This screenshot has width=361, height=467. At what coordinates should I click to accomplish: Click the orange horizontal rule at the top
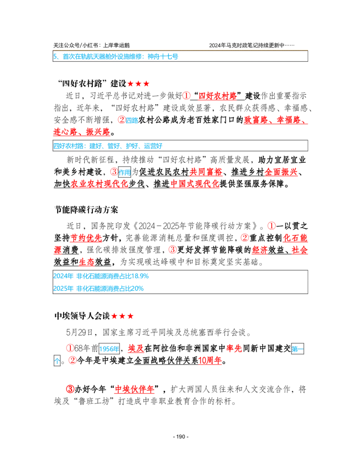tap(180, 49)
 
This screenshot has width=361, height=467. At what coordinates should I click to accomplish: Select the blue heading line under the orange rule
tap(116, 57)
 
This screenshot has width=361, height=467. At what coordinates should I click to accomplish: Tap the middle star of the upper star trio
tap(139, 83)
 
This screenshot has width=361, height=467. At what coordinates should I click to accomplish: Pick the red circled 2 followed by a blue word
tap(121, 120)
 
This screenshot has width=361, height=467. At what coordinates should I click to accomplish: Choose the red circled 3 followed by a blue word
tap(114, 171)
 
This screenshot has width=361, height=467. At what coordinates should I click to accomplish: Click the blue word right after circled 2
tap(132, 120)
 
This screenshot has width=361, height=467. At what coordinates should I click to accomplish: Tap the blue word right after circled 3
tap(125, 173)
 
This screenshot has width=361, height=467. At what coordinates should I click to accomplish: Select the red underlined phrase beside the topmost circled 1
tap(218, 96)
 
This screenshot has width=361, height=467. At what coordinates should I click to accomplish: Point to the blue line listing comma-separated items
tap(107, 146)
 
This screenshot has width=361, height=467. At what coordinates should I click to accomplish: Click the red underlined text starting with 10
tap(210, 361)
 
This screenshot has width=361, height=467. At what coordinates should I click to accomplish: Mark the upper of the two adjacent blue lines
tap(102, 276)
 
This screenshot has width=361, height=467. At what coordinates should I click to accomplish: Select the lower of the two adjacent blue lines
tap(99, 288)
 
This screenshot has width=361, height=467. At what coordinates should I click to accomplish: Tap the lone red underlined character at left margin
tap(57, 250)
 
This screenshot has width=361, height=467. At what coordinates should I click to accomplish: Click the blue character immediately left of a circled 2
tap(57, 361)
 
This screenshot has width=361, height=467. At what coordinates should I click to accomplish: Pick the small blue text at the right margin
tap(297, 349)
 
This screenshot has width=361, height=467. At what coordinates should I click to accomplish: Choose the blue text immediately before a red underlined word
tap(109, 349)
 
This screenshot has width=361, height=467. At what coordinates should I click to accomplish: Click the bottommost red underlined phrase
tap(134, 390)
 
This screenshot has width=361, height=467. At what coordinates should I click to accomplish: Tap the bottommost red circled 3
tap(70, 389)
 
